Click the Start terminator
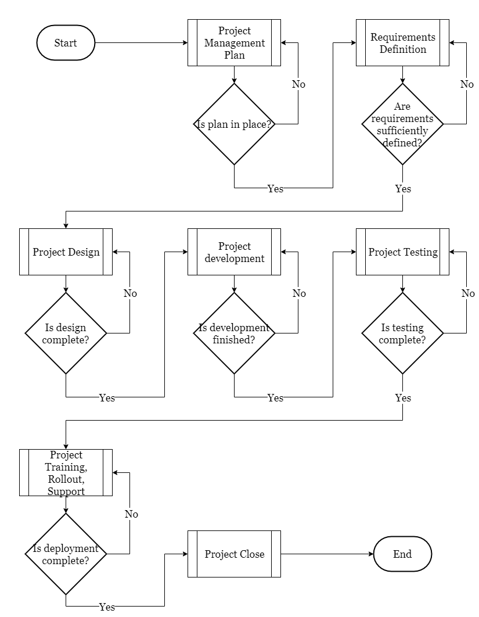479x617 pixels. point(66,42)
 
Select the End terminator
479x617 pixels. point(402,554)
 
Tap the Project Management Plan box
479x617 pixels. point(234,42)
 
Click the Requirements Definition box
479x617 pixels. point(402,42)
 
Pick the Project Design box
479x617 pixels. point(66,252)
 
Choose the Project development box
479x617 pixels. point(234,252)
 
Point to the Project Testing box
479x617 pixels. point(402,252)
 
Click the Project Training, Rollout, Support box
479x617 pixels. point(66,472)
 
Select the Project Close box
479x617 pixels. point(234,554)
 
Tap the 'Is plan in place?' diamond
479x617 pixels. point(234,124)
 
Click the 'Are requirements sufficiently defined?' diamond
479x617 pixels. point(402,124)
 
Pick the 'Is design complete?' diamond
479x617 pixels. point(66,333)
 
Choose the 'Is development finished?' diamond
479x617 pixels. point(234,333)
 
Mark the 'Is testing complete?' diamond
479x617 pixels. point(402,333)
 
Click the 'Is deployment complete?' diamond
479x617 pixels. point(66,554)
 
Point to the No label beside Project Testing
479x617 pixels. point(468,293)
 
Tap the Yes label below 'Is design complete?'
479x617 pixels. point(107,398)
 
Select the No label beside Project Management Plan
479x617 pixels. point(298,84)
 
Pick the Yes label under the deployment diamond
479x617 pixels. point(107,607)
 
